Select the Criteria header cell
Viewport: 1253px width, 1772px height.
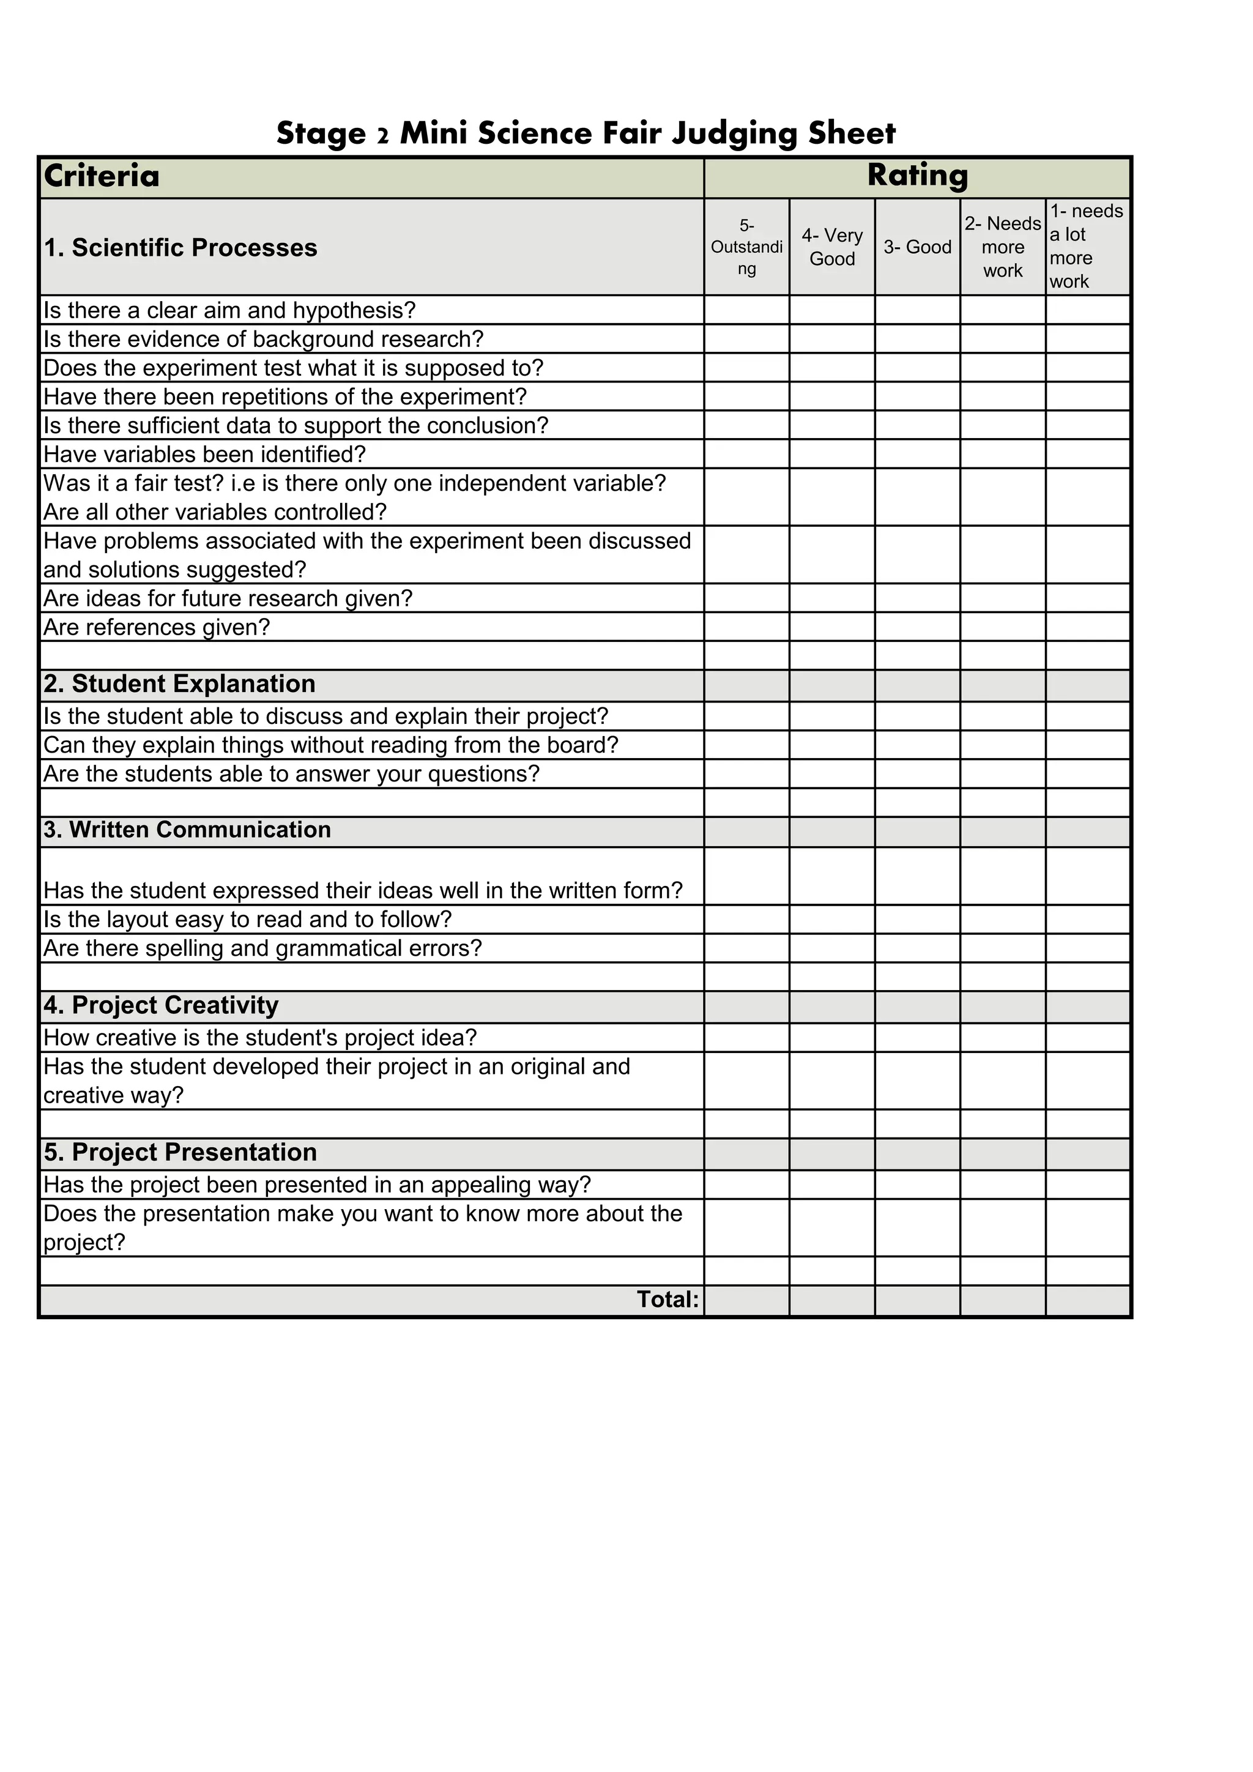click(102, 176)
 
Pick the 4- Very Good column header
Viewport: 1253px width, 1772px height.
click(831, 247)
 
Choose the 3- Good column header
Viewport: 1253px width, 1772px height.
click(917, 247)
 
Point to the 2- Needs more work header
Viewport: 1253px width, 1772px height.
click(1002, 247)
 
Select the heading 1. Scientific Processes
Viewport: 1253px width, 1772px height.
click(180, 248)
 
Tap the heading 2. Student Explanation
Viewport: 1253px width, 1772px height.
click(180, 684)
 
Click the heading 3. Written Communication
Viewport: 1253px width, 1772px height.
click(187, 830)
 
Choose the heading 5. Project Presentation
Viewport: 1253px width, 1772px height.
click(180, 1152)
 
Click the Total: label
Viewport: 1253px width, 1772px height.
click(667, 1300)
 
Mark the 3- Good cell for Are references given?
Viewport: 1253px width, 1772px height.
click(917, 627)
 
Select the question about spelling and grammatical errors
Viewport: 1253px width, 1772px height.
click(262, 948)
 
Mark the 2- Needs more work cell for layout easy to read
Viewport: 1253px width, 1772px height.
click(1002, 919)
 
